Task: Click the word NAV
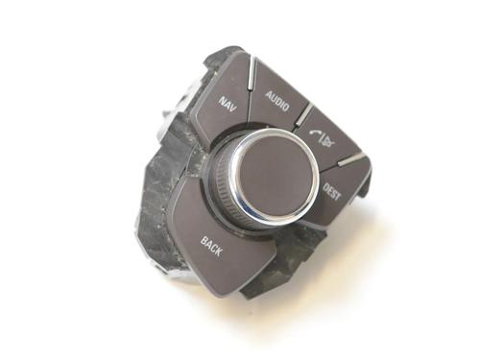pos(228,104)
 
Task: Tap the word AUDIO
pos(277,101)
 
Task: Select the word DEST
pos(332,191)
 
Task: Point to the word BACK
pos(211,246)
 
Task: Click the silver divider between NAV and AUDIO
pos(252,73)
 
